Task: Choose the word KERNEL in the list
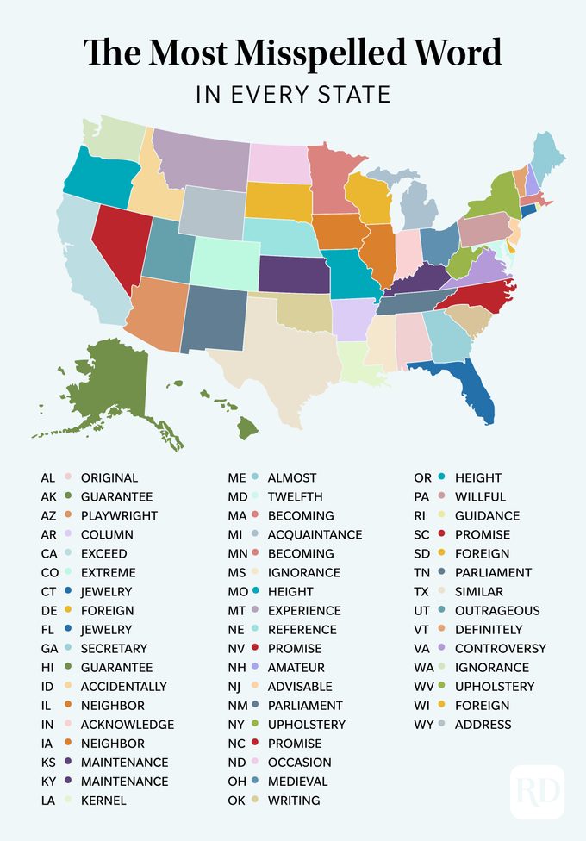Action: coord(103,801)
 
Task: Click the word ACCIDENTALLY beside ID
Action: coord(124,687)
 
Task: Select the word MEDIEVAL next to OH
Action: coord(297,782)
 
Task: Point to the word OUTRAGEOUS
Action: coord(497,611)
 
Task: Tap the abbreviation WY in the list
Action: coord(421,725)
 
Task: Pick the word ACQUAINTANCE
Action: coord(315,535)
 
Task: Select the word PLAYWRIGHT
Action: coord(119,515)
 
